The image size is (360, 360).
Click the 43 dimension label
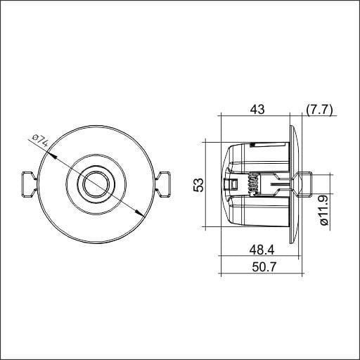pyautogui.click(x=257, y=110)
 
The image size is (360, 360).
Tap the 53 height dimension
pyautogui.click(x=198, y=185)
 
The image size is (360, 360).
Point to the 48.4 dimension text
pyautogui.click(x=262, y=250)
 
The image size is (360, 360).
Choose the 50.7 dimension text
pyautogui.click(x=264, y=266)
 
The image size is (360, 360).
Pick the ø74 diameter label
pyautogui.click(x=40, y=141)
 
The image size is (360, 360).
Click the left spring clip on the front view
pyautogui.click(x=29, y=185)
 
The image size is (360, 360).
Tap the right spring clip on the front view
pyautogui.click(x=162, y=185)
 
